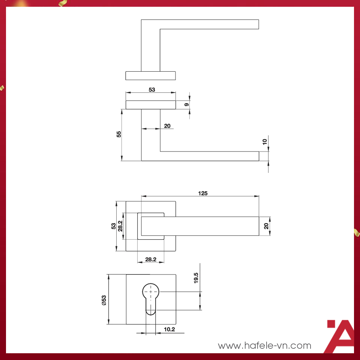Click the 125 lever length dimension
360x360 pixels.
(x=202, y=193)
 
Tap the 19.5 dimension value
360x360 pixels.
(x=196, y=278)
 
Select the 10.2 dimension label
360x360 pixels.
(x=169, y=330)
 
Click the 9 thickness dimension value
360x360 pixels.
(x=186, y=105)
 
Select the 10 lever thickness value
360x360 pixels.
(x=265, y=142)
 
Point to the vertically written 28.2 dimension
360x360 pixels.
(x=120, y=226)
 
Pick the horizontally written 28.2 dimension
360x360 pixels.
(x=151, y=259)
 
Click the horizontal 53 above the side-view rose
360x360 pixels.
(x=152, y=90)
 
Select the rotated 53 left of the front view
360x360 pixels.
(x=113, y=226)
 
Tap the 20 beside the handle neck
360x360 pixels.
(x=167, y=126)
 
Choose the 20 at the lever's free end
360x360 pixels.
(x=266, y=226)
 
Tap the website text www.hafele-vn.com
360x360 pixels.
(x=264, y=345)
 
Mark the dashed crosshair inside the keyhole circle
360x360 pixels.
(x=151, y=291)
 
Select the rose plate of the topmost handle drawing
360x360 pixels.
(x=150, y=75)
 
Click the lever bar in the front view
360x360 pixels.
(x=210, y=226)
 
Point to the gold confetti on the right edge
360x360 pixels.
(x=356, y=232)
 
